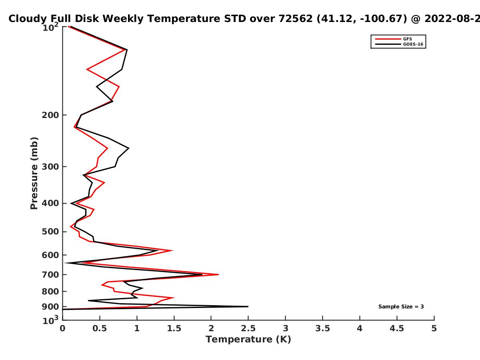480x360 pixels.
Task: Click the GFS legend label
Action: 407,39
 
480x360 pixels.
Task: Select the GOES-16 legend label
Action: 413,44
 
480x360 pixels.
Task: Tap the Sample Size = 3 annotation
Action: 401,307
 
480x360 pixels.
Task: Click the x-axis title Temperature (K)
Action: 248,339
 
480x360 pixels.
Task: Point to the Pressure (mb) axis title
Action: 34,173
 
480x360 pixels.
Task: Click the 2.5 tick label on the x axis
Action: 248,328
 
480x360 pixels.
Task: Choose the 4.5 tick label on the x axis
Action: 397,328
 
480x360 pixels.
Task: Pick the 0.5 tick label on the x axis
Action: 100,328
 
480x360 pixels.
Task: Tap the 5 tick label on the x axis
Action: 434,328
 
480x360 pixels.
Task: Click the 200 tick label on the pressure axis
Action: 50,115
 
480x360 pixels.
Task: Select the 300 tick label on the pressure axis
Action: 50,167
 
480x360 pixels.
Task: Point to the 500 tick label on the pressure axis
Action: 50,232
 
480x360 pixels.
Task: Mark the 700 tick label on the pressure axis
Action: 50,274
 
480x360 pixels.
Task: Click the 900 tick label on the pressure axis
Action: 50,307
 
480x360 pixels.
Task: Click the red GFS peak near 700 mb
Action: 218,274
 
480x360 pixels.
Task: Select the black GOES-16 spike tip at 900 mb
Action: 248,307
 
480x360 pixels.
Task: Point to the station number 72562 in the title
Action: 296,18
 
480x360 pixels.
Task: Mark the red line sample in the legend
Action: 388,39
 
